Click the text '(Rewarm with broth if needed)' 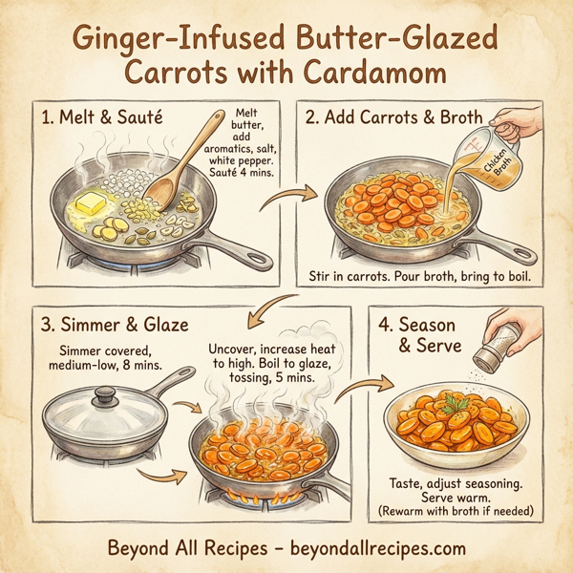tap(455, 511)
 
